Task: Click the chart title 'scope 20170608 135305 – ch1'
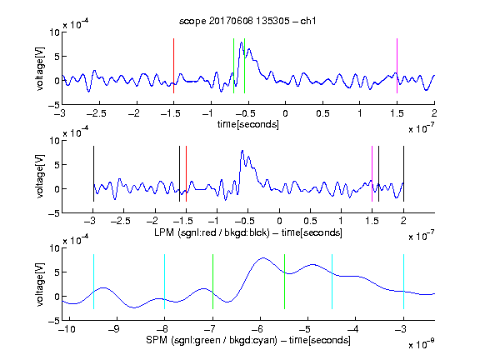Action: pos(247,21)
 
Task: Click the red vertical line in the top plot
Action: pos(174,66)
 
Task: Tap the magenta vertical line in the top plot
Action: pos(397,66)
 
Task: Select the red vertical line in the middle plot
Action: pos(186,174)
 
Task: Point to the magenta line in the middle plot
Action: pos(372,174)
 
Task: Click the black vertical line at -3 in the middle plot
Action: pos(93,174)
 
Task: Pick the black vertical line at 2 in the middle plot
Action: pos(403,174)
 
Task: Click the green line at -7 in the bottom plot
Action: pos(212,282)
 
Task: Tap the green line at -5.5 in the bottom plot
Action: pos(284,282)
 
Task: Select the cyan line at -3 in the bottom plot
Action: pos(403,282)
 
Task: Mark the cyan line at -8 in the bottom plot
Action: pos(165,282)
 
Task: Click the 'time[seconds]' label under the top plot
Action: pos(248,125)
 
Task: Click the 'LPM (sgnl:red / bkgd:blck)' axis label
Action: pos(212,232)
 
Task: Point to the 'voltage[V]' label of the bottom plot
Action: pos(40,284)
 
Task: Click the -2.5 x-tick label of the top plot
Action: pos(96,113)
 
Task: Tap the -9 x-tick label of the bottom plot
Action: pos(114,329)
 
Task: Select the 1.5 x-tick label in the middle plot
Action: pos(372,221)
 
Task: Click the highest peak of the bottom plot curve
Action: pos(263,258)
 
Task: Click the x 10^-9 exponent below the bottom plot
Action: pos(422,344)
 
